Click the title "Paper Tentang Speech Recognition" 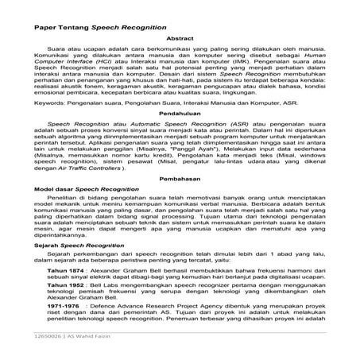tap(92, 26)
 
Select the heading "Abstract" tap(179, 39)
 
